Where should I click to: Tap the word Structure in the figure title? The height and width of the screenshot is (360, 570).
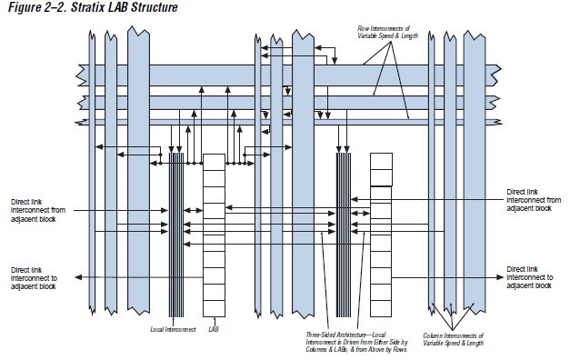147,8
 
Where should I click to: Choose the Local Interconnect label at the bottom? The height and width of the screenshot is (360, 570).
167,325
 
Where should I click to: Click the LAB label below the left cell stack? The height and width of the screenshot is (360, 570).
213,325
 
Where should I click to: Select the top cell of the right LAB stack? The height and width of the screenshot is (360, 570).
381,160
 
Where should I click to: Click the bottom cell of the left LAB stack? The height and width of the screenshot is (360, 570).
213,304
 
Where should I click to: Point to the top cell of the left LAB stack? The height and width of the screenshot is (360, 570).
213,160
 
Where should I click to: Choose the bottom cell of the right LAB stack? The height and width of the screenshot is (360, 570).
381,303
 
